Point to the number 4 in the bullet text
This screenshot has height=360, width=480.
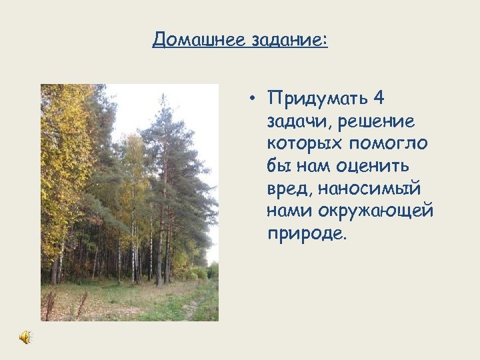(x=379, y=99)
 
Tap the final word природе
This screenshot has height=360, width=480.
(x=307, y=233)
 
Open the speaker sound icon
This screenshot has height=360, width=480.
(x=25, y=339)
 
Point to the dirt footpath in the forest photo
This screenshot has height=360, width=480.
(x=191, y=307)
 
